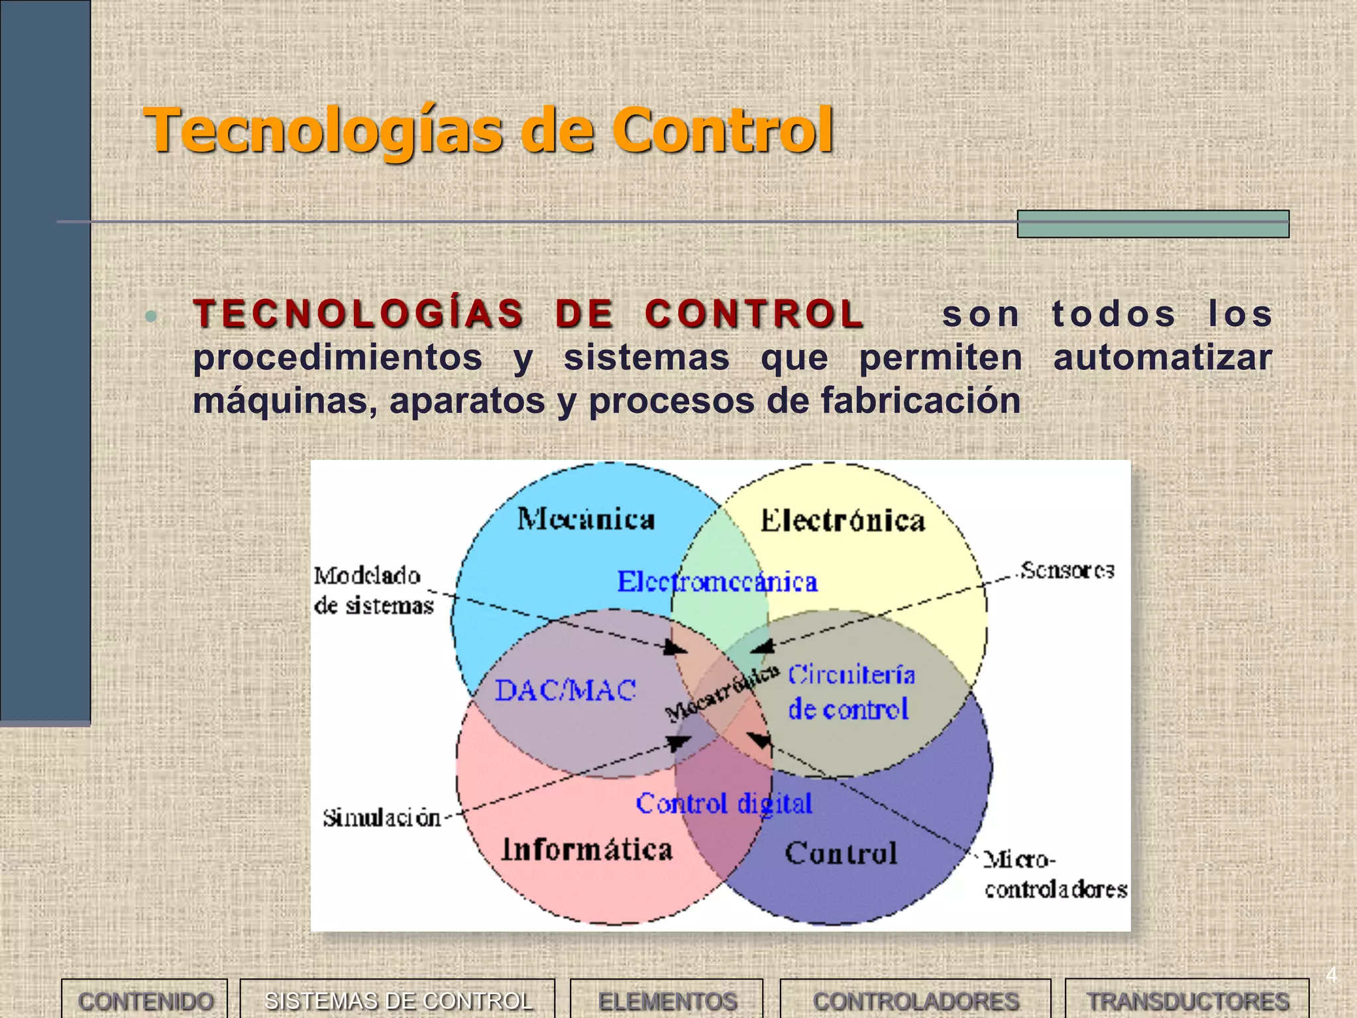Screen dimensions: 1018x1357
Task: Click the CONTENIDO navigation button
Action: (x=144, y=1000)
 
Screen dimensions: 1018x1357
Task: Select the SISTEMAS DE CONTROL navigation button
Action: (x=398, y=1000)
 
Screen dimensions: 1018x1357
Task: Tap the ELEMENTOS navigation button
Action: (x=667, y=1000)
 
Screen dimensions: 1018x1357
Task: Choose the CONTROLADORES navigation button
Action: (x=916, y=1000)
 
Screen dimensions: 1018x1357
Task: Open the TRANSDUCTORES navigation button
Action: (x=1187, y=1000)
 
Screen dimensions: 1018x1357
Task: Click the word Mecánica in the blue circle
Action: (x=586, y=519)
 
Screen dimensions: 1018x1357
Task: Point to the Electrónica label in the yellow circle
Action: (x=842, y=520)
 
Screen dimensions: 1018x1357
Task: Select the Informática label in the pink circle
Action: (x=587, y=849)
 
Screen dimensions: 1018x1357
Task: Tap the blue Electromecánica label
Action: (x=718, y=582)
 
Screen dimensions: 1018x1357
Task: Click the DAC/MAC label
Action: (x=565, y=691)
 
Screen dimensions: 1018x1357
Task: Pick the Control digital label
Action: (x=724, y=803)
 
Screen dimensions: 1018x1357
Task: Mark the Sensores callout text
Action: (x=1067, y=570)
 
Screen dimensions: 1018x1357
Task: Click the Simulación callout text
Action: (x=382, y=818)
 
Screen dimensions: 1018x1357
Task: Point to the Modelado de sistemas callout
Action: (x=373, y=590)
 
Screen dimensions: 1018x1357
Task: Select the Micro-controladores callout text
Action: (x=1055, y=875)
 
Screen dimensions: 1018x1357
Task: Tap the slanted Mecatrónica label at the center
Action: (x=722, y=693)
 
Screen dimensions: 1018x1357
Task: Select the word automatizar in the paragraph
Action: (x=1162, y=357)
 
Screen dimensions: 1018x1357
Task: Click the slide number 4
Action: (x=1331, y=975)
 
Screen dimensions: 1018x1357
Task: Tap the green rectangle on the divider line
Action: (x=1153, y=224)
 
